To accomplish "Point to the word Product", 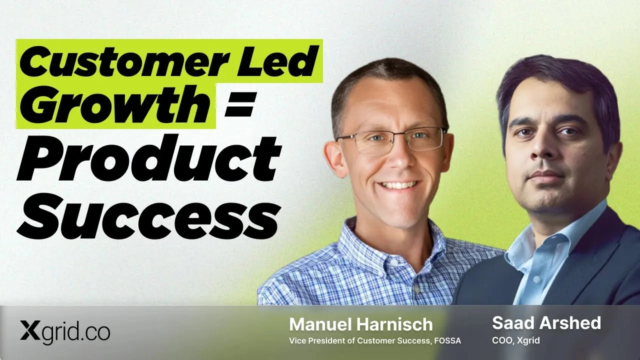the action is click(149, 159).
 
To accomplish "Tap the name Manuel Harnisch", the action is click(361, 324).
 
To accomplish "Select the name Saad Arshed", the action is click(546, 323).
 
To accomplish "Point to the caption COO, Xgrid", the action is click(516, 340).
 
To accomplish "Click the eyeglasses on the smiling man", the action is click(392, 140).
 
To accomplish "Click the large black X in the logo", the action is click(30, 330).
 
